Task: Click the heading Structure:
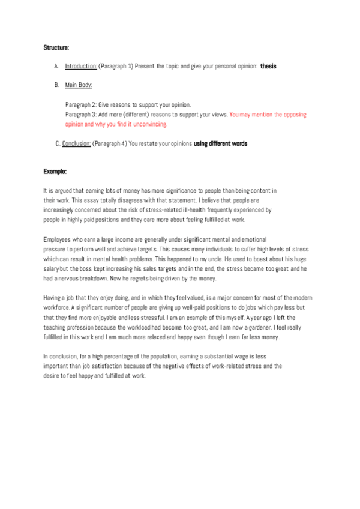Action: click(56, 47)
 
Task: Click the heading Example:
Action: click(55, 172)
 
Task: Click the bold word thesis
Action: click(268, 66)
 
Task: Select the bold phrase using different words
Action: click(220, 144)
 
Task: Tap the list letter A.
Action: click(56, 66)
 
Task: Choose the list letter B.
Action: click(56, 85)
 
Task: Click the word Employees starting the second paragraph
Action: click(57, 239)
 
